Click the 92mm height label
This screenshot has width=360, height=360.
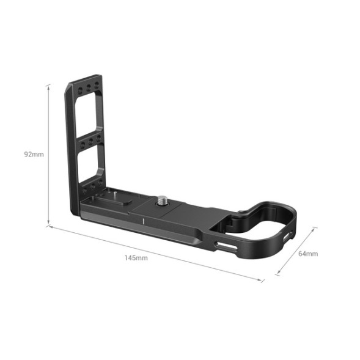coord(34,154)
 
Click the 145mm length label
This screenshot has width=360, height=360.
coord(136,257)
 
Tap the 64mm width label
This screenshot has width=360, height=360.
coord(307,253)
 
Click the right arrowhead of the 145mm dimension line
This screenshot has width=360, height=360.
coord(263,281)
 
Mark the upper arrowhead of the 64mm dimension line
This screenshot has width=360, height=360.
coord(316,228)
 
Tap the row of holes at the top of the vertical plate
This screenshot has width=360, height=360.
coord(85,89)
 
